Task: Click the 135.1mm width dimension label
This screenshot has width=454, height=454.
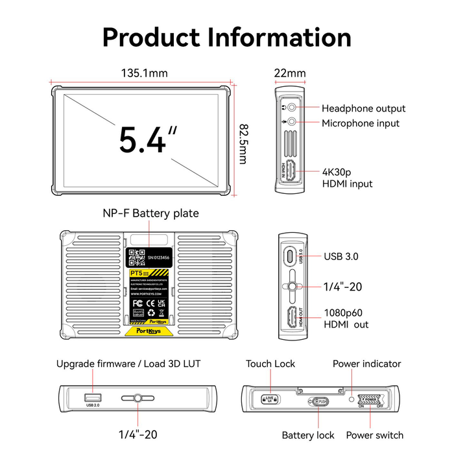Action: click(143, 73)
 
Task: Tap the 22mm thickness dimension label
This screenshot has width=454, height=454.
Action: click(290, 73)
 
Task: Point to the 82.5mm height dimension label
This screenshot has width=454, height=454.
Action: click(243, 143)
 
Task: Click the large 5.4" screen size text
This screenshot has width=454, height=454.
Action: click(148, 139)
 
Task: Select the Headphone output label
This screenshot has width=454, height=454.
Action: click(363, 108)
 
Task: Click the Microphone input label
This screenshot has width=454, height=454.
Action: click(361, 123)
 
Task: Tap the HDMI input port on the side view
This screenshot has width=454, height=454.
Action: click(291, 171)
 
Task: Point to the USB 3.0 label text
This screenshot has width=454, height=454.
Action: click(342, 256)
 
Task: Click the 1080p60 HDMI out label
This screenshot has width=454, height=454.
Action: click(347, 318)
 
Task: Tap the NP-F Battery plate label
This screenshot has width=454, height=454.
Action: click(150, 213)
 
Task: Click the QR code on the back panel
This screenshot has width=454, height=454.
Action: click(136, 257)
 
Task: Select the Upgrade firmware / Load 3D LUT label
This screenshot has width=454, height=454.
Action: click(128, 364)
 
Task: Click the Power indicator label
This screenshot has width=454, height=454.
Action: click(366, 364)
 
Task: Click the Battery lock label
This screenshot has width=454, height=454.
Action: click(308, 435)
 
